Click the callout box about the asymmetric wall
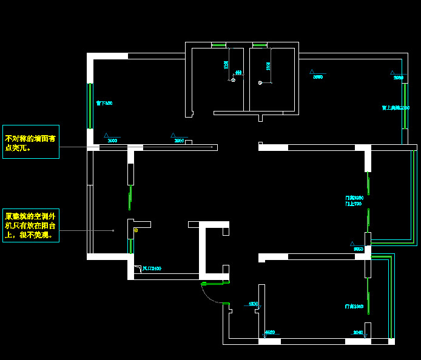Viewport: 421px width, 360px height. (x=31, y=142)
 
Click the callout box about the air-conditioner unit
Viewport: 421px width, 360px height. (x=31, y=225)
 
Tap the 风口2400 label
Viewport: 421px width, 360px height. (x=152, y=268)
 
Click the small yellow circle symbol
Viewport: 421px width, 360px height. (x=136, y=230)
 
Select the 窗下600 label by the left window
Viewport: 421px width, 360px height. (x=104, y=103)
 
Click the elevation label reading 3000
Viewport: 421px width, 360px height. (x=112, y=141)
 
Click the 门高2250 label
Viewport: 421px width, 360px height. (x=354, y=198)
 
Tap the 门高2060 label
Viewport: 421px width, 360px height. (x=354, y=307)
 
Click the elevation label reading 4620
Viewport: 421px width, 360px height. (x=270, y=332)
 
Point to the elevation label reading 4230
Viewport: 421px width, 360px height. (x=254, y=304)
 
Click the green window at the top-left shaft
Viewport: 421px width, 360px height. (x=218, y=45)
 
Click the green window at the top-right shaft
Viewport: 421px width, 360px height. (x=260, y=45)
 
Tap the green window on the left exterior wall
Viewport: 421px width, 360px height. (x=90, y=105)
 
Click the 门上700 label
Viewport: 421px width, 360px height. (x=353, y=204)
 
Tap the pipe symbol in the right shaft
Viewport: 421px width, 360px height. (x=260, y=82)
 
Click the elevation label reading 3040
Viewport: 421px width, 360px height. (x=358, y=332)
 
